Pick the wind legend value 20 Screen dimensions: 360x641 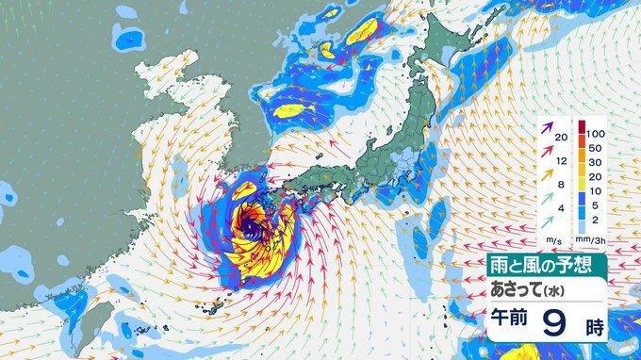click(562, 137)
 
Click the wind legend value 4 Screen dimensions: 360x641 click(562, 208)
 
